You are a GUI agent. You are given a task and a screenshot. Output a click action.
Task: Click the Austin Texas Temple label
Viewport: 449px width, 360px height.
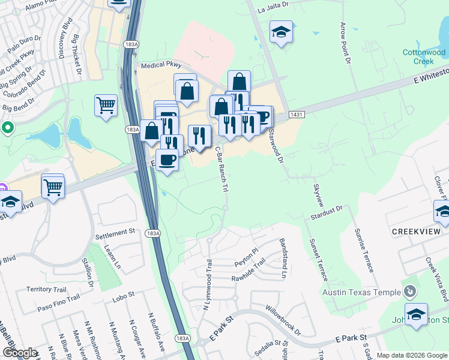click(x=361, y=292)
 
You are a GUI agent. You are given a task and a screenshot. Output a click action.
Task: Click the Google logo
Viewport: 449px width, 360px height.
click(x=20, y=353)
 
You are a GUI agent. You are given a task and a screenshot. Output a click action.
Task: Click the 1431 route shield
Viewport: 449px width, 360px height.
click(x=296, y=114)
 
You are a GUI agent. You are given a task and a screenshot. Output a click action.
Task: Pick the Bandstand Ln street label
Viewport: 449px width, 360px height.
click(x=283, y=259)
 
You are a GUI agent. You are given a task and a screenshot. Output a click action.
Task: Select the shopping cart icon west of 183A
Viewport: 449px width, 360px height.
click(x=106, y=105)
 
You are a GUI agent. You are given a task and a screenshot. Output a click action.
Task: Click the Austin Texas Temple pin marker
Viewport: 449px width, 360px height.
click(x=410, y=292)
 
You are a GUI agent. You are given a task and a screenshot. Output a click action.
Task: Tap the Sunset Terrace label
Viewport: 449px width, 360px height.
click(x=319, y=259)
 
